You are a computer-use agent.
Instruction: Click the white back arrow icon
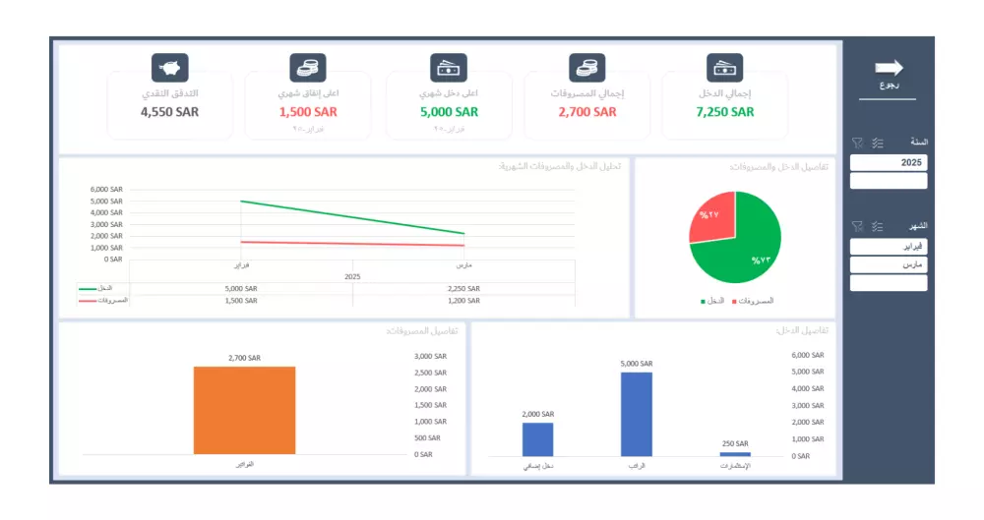click(889, 68)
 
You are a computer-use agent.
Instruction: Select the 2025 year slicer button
click(889, 163)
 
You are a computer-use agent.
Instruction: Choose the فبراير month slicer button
click(889, 247)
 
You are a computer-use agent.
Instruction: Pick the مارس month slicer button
click(889, 265)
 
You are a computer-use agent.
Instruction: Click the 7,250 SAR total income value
click(725, 112)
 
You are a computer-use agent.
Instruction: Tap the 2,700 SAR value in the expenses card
click(587, 112)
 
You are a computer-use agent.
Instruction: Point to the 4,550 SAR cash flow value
click(169, 112)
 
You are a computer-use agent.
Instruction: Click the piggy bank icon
click(169, 68)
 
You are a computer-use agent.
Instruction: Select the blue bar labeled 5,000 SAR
click(637, 414)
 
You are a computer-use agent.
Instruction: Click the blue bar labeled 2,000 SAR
click(537, 438)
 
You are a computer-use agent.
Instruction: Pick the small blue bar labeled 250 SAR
click(735, 454)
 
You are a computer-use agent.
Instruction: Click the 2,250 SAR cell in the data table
click(462, 289)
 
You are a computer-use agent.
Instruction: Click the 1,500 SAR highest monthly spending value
click(308, 112)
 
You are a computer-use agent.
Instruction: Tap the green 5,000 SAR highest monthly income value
click(449, 112)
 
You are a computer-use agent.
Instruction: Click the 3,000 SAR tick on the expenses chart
click(430, 357)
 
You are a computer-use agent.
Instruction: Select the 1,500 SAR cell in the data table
click(241, 300)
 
